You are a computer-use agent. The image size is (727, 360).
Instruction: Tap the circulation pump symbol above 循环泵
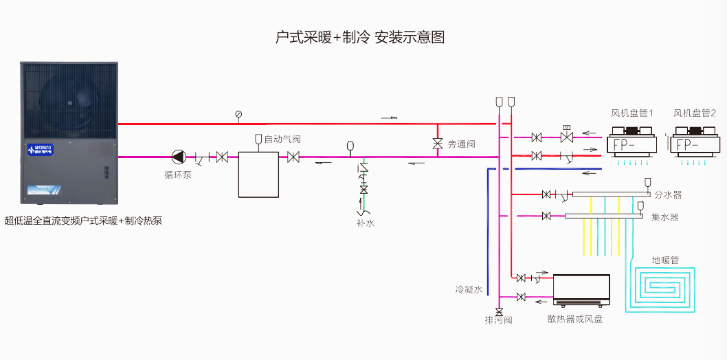click(x=179, y=157)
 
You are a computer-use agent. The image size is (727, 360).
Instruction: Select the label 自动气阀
click(x=282, y=139)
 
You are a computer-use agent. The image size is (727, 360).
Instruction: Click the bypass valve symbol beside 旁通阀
click(x=437, y=144)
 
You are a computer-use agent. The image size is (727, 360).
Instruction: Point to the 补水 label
click(x=365, y=223)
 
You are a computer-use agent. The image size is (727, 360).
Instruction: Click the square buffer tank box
click(x=258, y=174)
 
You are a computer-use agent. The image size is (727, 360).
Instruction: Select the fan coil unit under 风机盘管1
click(x=631, y=145)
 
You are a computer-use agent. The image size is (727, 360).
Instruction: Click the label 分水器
click(x=668, y=195)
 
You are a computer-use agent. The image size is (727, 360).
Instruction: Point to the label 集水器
click(x=664, y=217)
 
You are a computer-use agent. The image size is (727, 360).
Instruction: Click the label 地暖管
click(x=664, y=260)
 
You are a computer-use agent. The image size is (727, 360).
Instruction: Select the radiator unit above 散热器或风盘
click(x=581, y=291)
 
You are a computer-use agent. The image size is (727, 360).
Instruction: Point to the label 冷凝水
click(x=469, y=289)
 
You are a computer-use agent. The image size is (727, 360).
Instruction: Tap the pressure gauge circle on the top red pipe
click(x=238, y=114)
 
